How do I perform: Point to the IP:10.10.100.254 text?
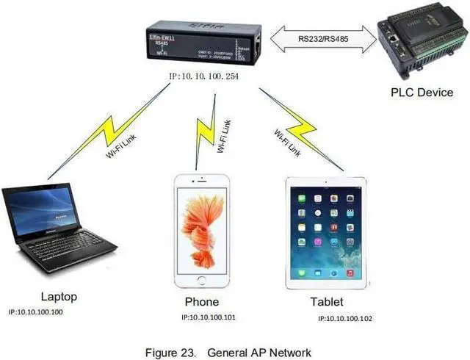pyautogui.click(x=203, y=76)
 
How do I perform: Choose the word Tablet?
pyautogui.click(x=327, y=302)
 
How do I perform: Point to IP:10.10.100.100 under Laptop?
pyautogui.click(x=36, y=312)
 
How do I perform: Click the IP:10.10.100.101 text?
pyautogui.click(x=209, y=317)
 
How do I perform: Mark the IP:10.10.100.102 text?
pyautogui.click(x=346, y=319)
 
